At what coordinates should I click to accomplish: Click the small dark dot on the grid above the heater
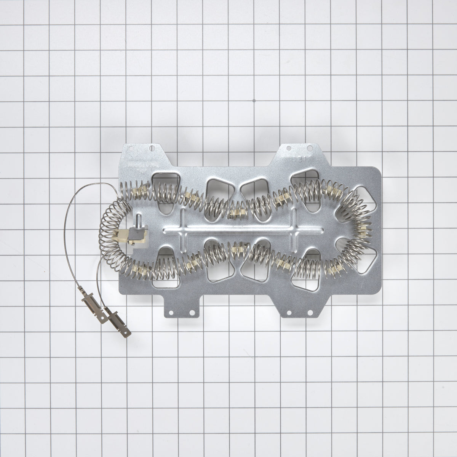[254, 102]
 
